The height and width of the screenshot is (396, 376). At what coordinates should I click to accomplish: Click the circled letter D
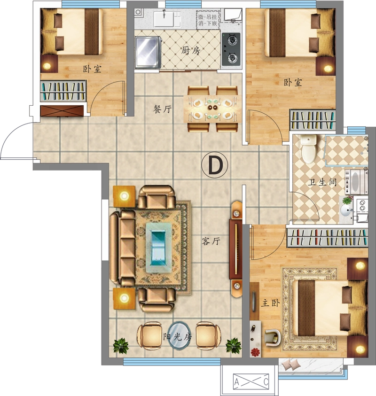point(214,165)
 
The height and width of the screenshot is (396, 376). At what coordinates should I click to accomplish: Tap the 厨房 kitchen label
point(190,51)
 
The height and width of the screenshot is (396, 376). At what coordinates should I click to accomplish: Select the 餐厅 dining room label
point(163,109)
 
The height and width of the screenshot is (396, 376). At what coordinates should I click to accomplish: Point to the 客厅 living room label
point(211,241)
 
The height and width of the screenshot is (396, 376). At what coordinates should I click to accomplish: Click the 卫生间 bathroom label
point(322,182)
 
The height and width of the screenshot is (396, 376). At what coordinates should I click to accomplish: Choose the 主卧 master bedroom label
point(270,303)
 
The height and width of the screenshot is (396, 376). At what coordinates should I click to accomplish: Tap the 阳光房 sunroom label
point(177,336)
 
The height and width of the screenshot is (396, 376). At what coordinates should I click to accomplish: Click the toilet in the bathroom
point(308,149)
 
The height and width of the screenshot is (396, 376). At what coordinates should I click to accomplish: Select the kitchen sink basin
point(164,19)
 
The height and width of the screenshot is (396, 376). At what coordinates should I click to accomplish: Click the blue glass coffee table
point(159,248)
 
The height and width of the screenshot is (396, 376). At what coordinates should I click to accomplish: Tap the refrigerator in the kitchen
point(148,52)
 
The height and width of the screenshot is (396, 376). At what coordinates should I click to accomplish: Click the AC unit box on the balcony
point(251,381)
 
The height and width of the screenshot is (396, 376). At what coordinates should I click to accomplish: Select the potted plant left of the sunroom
point(121,346)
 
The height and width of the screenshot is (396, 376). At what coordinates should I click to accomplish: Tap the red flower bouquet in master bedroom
point(256,352)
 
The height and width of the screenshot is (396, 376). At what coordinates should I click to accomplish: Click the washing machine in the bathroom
point(356,181)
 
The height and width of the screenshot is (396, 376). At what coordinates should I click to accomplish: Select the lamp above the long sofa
point(124,196)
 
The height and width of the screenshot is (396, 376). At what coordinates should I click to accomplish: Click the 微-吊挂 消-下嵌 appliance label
point(208,20)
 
